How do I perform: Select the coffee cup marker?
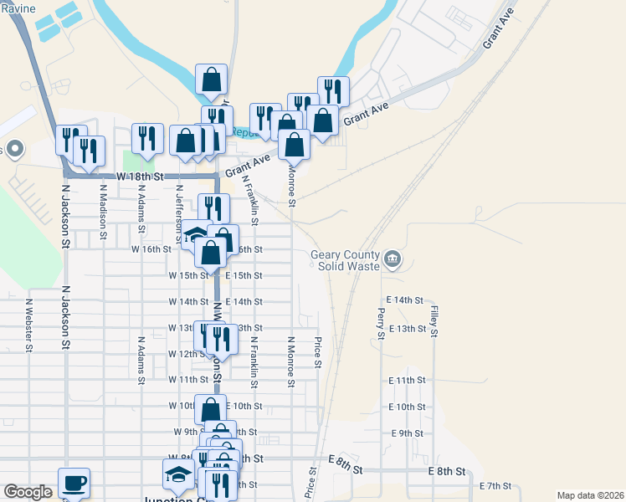point(74,483)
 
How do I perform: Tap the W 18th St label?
point(136,177)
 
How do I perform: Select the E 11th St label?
point(407,380)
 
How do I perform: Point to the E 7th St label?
point(495,486)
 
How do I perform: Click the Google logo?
point(28,492)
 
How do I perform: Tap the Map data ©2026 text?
point(589,495)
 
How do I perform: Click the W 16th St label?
point(151,249)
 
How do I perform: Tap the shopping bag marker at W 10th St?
point(211,410)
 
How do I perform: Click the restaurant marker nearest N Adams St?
point(147,140)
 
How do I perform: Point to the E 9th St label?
point(407,433)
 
